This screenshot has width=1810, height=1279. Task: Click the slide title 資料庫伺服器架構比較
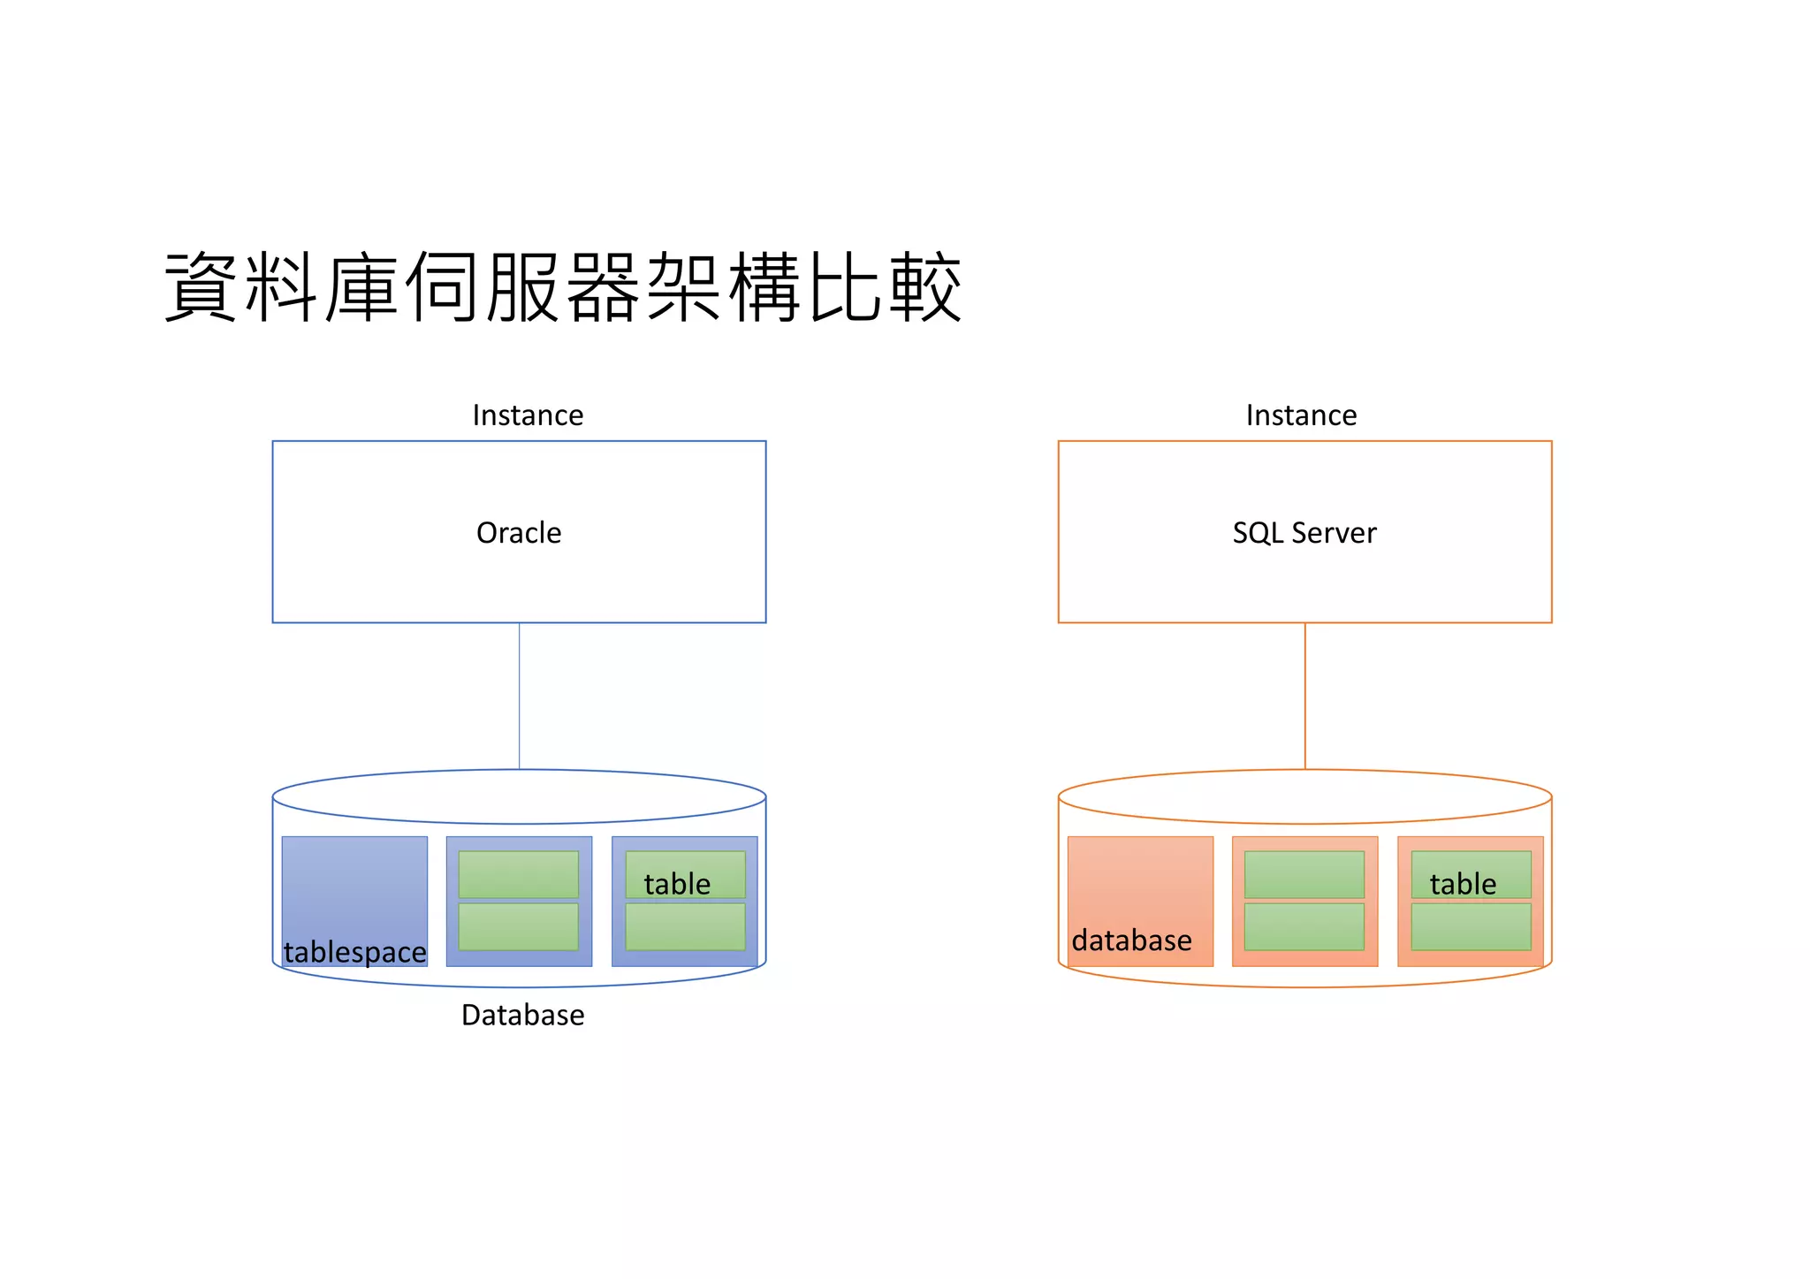pos(562,287)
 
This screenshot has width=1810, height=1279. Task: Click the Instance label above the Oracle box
pos(528,415)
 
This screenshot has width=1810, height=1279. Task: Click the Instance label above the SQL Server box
pos(1301,415)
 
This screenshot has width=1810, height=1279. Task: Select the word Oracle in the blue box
pos(519,533)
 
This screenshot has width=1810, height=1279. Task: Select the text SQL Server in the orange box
pos(1304,533)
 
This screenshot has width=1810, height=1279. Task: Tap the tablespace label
pos(354,952)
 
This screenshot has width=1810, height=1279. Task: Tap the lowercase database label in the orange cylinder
pos(1131,940)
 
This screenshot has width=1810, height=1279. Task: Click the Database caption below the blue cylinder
pos(522,1015)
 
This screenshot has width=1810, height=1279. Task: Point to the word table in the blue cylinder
pos(677,884)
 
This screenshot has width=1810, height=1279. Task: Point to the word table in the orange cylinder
pos(1463,884)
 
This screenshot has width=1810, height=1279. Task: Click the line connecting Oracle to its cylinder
pos(519,696)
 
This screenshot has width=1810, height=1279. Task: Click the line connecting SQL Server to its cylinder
pos(1304,696)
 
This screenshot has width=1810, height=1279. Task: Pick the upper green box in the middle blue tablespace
pos(518,874)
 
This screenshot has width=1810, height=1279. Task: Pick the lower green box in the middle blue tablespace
pos(518,926)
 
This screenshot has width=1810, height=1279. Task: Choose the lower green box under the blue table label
pos(685,926)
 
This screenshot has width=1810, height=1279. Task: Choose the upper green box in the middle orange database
pos(1304,874)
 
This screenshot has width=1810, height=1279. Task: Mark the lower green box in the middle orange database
pos(1304,926)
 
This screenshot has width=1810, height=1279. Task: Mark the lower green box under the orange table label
pos(1471,926)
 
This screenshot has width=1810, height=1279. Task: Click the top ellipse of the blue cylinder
pos(519,796)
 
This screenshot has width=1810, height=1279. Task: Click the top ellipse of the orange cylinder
pos(1304,796)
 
